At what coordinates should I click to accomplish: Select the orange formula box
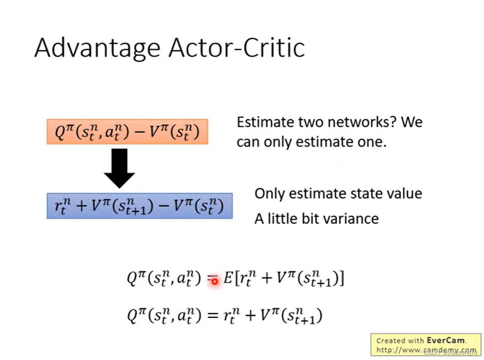coord(127,131)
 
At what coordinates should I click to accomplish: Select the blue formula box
coord(139,206)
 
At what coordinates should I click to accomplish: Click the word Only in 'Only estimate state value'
coord(269,194)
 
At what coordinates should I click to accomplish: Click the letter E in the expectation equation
coord(228,279)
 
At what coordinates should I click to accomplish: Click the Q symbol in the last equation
coord(133,316)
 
